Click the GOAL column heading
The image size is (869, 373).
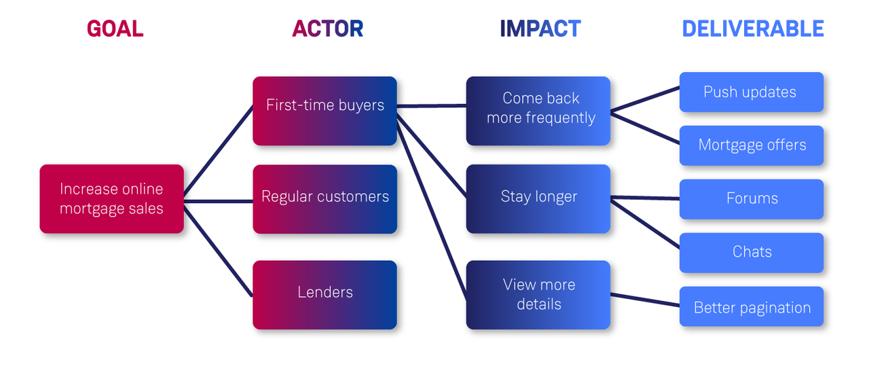tap(115, 29)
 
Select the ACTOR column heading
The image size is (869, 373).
tap(327, 29)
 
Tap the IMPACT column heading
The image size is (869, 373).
tap(540, 29)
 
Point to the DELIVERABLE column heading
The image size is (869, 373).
tap(752, 29)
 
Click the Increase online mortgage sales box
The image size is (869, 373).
tap(112, 199)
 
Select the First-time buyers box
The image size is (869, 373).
tap(325, 111)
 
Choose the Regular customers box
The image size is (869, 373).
tap(325, 199)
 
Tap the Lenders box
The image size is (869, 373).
tap(325, 295)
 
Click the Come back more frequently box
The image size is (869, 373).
tap(538, 111)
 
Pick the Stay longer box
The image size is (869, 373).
tap(538, 199)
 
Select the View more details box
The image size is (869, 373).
tap(538, 295)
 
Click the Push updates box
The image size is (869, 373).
tap(751, 92)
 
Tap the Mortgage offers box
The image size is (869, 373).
tap(751, 145)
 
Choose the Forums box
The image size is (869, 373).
tap(751, 199)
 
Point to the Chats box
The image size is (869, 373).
tap(751, 253)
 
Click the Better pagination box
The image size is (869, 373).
tap(751, 306)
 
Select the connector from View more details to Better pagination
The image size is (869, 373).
tap(645, 300)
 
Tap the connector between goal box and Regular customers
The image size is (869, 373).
tap(218, 201)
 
